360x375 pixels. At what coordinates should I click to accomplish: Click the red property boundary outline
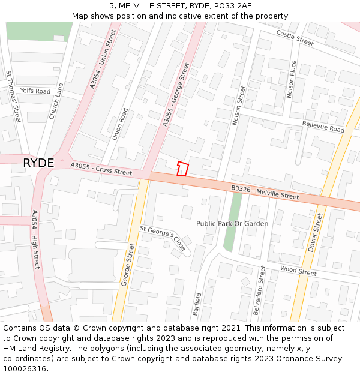(x=182, y=169)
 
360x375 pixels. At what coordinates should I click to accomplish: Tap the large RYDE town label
(x=38, y=163)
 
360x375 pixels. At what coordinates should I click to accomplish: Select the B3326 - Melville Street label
(x=265, y=193)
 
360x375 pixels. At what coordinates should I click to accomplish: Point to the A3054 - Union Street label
(x=103, y=59)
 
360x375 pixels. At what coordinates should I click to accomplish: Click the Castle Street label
(x=295, y=38)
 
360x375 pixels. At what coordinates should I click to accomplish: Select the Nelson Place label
(x=292, y=79)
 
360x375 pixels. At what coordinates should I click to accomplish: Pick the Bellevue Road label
(x=323, y=126)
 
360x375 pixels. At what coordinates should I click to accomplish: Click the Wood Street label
(x=298, y=272)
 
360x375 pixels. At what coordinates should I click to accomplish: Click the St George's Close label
(x=163, y=238)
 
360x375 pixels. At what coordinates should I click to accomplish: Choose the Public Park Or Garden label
(x=232, y=224)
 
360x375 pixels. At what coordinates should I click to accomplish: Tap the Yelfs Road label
(x=35, y=91)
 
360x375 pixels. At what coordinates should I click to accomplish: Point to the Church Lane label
(x=56, y=100)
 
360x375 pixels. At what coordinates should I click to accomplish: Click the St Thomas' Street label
(x=13, y=97)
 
